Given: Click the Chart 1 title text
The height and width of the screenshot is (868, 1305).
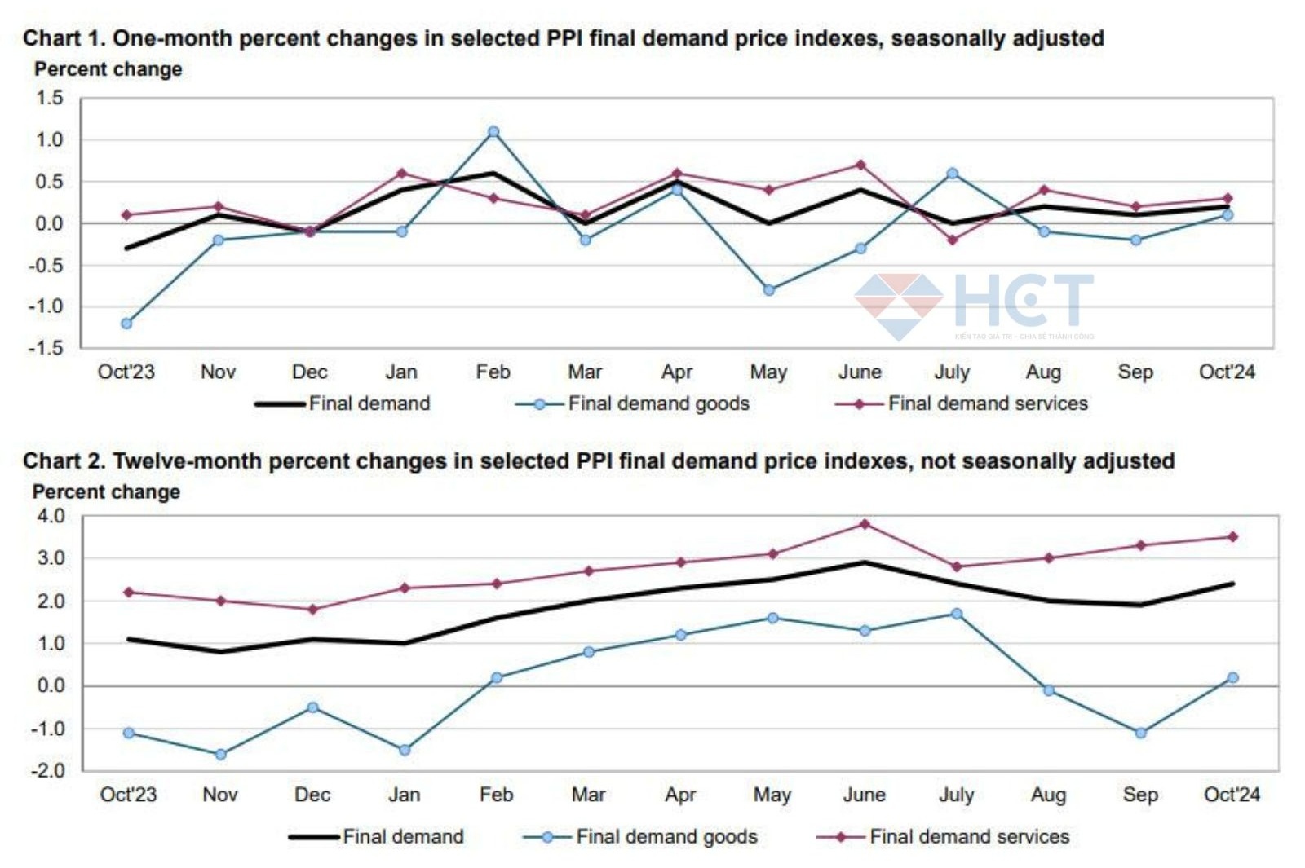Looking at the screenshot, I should click(x=563, y=38).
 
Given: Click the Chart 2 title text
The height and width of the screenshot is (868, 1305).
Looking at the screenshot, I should click(x=598, y=461).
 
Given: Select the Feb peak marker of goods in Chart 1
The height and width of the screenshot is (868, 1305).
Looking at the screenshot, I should click(x=493, y=131).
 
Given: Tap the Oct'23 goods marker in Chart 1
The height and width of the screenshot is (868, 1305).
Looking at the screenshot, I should click(x=126, y=324).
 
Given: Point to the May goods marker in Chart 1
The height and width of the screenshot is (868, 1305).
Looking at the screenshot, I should click(x=768, y=290).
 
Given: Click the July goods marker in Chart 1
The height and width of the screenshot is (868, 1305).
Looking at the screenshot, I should click(x=952, y=174).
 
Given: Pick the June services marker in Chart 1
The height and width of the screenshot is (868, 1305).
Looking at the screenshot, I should click(x=860, y=165).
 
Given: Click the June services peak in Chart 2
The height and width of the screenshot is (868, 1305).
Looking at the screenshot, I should click(x=865, y=524).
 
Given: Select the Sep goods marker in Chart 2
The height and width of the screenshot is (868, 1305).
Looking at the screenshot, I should click(x=1140, y=734).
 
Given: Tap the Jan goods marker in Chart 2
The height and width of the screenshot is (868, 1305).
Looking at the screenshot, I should click(x=405, y=750).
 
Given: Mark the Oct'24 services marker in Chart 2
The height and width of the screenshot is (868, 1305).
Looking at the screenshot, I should click(x=1232, y=537).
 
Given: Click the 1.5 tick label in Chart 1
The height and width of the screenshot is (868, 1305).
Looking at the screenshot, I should click(x=49, y=99).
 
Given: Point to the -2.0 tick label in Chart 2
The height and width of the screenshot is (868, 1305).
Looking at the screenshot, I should click(x=47, y=771).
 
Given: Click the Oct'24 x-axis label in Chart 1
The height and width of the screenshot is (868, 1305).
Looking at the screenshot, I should click(x=1226, y=372).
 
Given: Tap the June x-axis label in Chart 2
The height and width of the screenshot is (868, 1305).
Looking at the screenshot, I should click(x=864, y=795).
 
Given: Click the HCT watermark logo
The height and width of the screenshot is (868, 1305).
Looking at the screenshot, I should click(x=975, y=303).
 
